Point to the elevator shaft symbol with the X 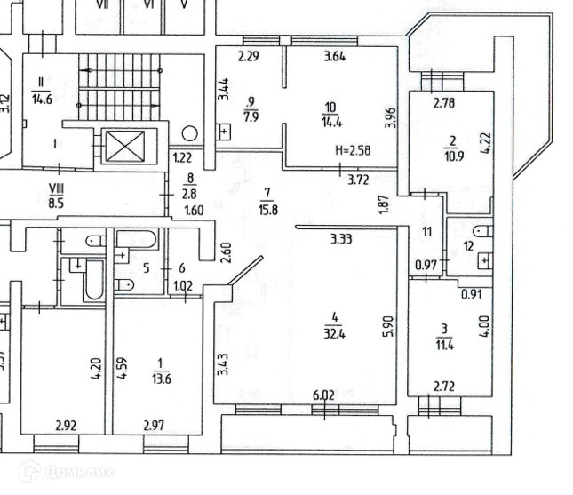pyautogui.click(x=118, y=146)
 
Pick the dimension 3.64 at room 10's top pyautogui.click(x=334, y=58)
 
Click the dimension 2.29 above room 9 pyautogui.click(x=247, y=58)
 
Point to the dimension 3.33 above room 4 pyautogui.click(x=339, y=238)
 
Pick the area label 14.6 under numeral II pyautogui.click(x=41, y=100)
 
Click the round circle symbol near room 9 pyautogui.click(x=189, y=134)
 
